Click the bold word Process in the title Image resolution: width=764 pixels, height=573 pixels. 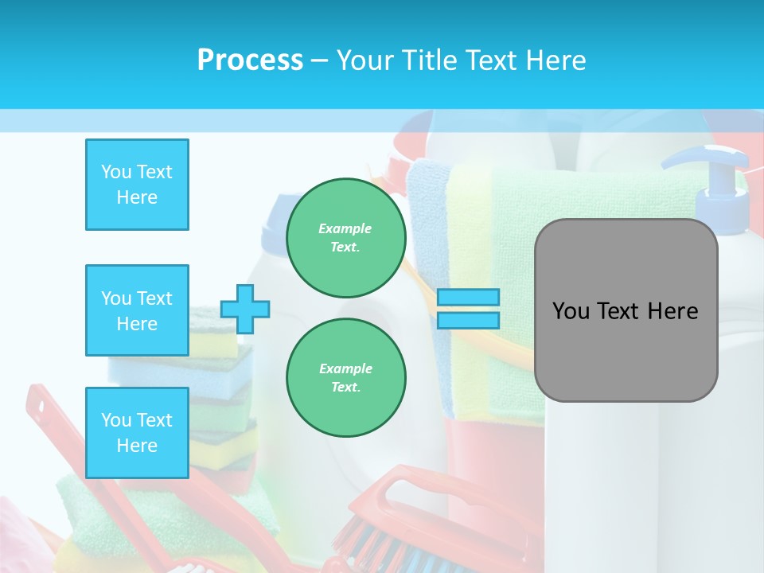point(250,60)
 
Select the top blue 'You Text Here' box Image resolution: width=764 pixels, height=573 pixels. point(137,185)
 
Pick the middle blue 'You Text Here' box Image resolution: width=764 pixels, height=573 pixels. point(137,310)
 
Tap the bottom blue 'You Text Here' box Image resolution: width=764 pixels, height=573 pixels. point(137,433)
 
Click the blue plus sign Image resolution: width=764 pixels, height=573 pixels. point(245,309)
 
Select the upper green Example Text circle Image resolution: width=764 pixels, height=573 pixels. point(346,238)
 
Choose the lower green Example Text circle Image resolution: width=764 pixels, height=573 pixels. point(346,378)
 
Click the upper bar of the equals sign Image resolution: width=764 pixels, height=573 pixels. point(468,298)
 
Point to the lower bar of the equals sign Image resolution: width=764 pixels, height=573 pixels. point(468,320)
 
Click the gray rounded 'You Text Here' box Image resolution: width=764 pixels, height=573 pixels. point(626,310)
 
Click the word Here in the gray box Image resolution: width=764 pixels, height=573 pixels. point(672,311)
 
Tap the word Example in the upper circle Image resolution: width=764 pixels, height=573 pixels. point(345,228)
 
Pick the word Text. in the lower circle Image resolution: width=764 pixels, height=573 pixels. point(345,388)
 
